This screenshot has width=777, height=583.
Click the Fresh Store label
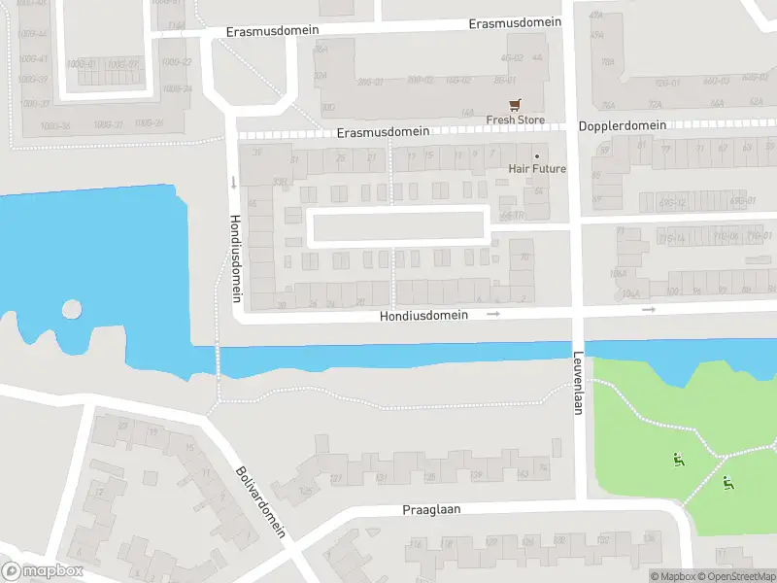tap(515, 120)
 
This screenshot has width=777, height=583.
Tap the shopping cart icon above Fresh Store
tap(515, 104)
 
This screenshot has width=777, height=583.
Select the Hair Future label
tap(537, 169)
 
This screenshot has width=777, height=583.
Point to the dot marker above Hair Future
tap(536, 155)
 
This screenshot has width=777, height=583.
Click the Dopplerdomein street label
tap(623, 125)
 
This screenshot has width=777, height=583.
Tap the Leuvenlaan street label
tap(578, 383)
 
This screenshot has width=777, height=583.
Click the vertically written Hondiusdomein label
tap(234, 256)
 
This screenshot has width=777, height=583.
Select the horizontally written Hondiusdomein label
tap(423, 315)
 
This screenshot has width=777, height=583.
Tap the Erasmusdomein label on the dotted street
tap(384, 131)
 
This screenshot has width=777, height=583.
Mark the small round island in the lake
tap(72, 309)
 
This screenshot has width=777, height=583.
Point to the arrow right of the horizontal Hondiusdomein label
tap(493, 314)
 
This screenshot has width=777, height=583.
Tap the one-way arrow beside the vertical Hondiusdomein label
tap(233, 182)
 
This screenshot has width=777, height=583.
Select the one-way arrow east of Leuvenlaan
tap(649, 309)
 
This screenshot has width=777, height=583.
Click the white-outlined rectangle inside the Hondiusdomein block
tap(398, 226)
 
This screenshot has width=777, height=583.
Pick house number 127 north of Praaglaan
tap(337, 478)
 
